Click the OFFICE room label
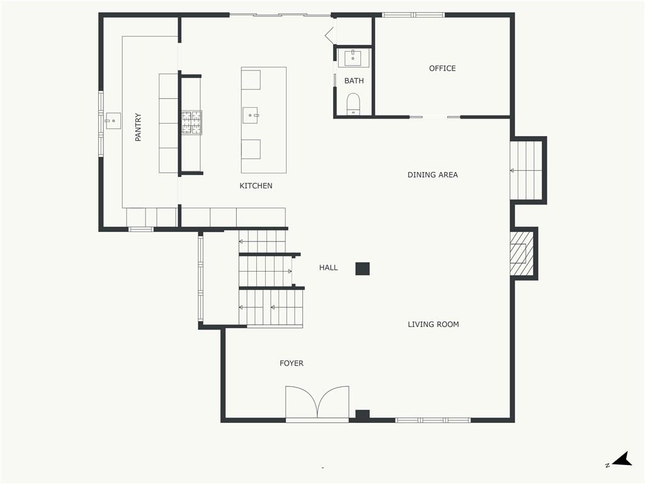pos(442,68)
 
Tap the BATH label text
pos(354,81)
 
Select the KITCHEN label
pos(256,186)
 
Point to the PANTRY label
pos(138,127)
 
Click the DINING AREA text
pos(432,175)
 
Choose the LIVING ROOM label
pos(433,325)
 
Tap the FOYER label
pos(291,363)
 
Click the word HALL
pos(328,267)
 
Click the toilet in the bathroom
pos(353,104)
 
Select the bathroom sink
pos(353,58)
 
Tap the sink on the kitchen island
pos(249,115)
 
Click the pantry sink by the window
pos(113,120)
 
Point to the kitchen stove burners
pos(191,122)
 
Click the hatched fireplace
pos(521,253)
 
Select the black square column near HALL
pos(362,268)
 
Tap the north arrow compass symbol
pos(621,459)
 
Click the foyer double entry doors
pos(317,403)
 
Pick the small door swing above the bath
pos(330,35)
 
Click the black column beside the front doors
pos(362,416)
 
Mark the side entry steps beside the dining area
pos(527,170)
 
